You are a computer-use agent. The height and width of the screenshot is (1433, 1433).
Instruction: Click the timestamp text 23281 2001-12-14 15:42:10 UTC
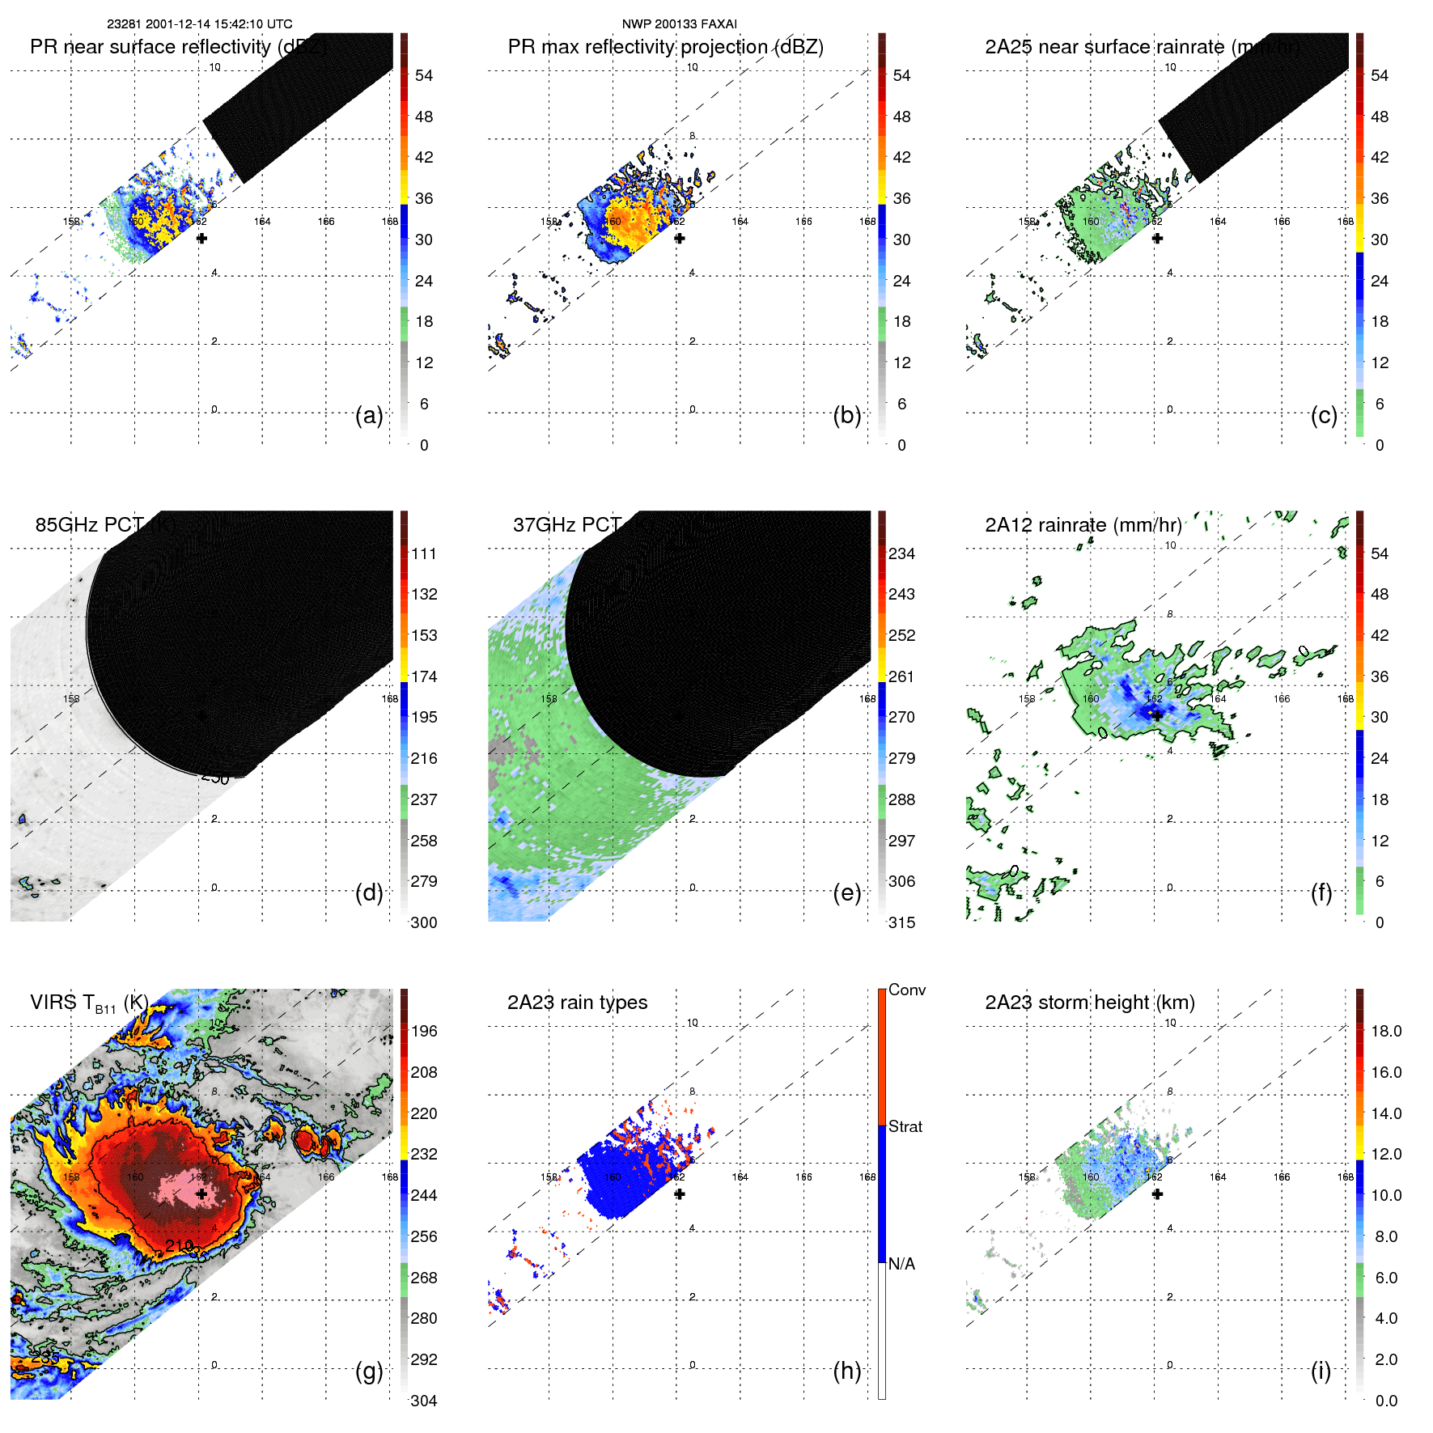pyautogui.click(x=199, y=24)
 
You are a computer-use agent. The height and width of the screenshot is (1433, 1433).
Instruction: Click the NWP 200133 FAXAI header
pyautogui.click(x=679, y=24)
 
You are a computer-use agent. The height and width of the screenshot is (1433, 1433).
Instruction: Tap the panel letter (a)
pyautogui.click(x=369, y=416)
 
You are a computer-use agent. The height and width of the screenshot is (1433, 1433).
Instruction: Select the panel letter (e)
pyautogui.click(x=846, y=893)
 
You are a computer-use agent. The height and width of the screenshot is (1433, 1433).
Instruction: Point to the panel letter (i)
pyautogui.click(x=1321, y=1371)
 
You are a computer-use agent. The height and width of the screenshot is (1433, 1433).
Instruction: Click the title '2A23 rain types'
pyautogui.click(x=577, y=1003)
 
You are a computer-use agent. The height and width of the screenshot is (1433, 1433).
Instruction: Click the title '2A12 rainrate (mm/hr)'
pyautogui.click(x=1083, y=525)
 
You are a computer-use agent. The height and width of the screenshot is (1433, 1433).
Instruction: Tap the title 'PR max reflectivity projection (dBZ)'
pyautogui.click(x=665, y=47)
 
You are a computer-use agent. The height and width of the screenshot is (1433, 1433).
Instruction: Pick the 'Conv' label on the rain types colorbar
pyautogui.click(x=906, y=990)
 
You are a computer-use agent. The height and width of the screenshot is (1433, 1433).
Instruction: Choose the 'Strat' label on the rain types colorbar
pyautogui.click(x=905, y=1126)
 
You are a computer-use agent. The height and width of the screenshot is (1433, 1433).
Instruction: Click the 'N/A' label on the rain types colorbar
pyautogui.click(x=901, y=1264)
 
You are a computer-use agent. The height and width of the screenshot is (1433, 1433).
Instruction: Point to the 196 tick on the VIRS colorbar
pyautogui.click(x=424, y=1031)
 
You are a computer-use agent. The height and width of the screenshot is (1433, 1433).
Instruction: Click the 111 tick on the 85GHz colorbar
pyautogui.click(x=424, y=553)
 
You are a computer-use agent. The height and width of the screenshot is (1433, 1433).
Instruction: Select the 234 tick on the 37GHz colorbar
pyautogui.click(x=901, y=553)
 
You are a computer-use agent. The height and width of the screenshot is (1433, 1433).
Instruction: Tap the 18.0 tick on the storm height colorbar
pyautogui.click(x=1385, y=1031)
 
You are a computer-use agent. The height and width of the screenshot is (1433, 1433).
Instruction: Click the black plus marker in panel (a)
pyautogui.click(x=201, y=238)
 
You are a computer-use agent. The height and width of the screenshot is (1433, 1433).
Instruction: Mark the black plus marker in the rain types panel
pyautogui.click(x=680, y=1193)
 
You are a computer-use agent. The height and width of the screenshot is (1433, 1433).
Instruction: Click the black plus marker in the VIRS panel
pyautogui.click(x=201, y=1193)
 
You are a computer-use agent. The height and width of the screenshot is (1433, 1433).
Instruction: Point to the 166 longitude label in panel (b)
pyautogui.click(x=803, y=221)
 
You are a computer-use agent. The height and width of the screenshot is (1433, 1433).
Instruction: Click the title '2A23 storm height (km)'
pyautogui.click(x=1089, y=1003)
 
